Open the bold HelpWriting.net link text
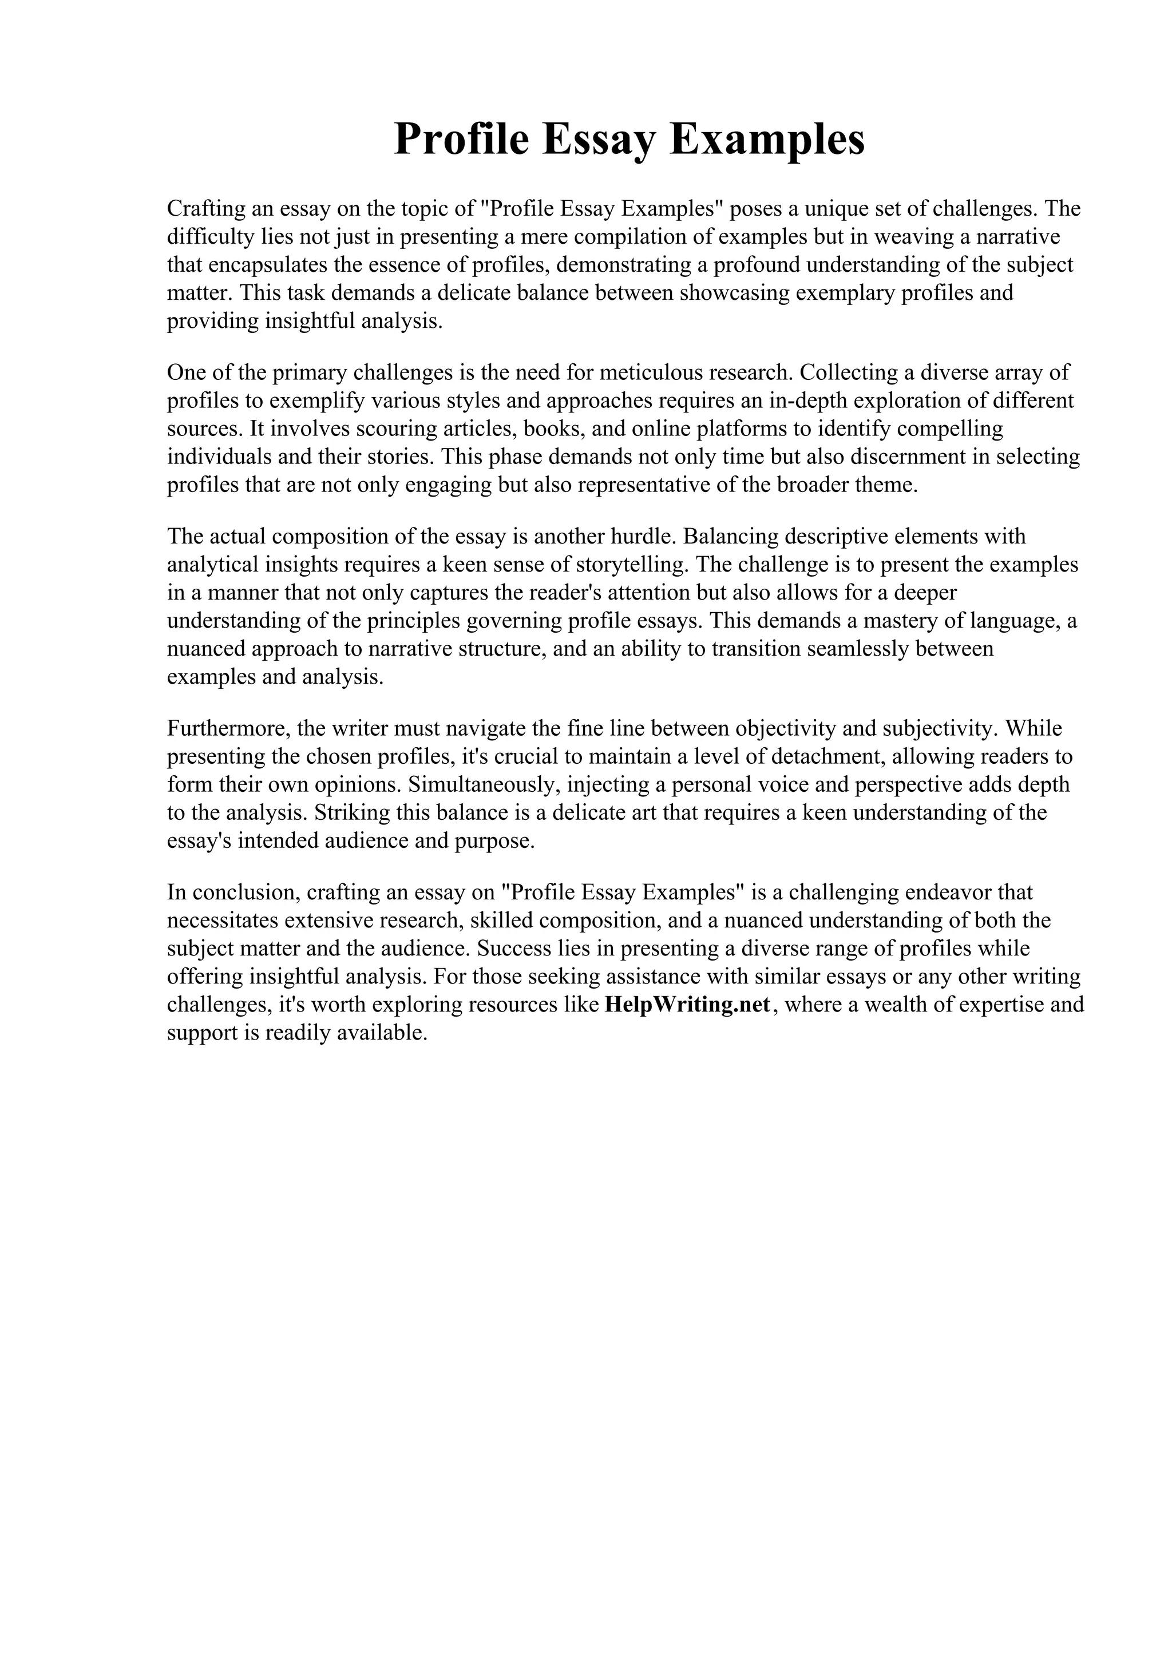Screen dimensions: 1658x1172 [x=687, y=1005]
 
